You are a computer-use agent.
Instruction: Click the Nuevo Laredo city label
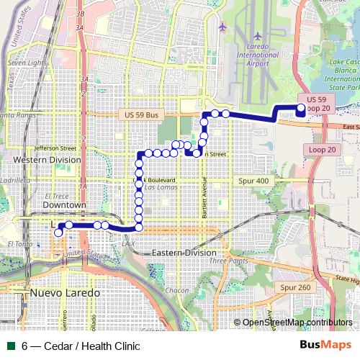coord(65,294)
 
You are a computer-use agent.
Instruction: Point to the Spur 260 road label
coord(295,287)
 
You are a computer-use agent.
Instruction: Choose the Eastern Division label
coord(184,253)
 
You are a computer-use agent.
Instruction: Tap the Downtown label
coord(64,205)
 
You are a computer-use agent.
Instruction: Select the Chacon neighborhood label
coord(176,289)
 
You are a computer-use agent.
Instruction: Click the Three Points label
coord(230,261)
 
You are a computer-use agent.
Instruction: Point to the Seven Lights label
coord(27,63)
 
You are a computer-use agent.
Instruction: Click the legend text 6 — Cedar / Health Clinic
coord(81,346)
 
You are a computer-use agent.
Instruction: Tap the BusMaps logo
coord(324,346)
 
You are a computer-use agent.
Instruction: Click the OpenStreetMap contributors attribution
coord(297,323)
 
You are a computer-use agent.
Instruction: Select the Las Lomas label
coord(158,187)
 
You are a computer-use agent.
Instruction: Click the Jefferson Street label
coord(55,147)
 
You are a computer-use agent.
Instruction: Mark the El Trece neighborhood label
coord(56,195)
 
